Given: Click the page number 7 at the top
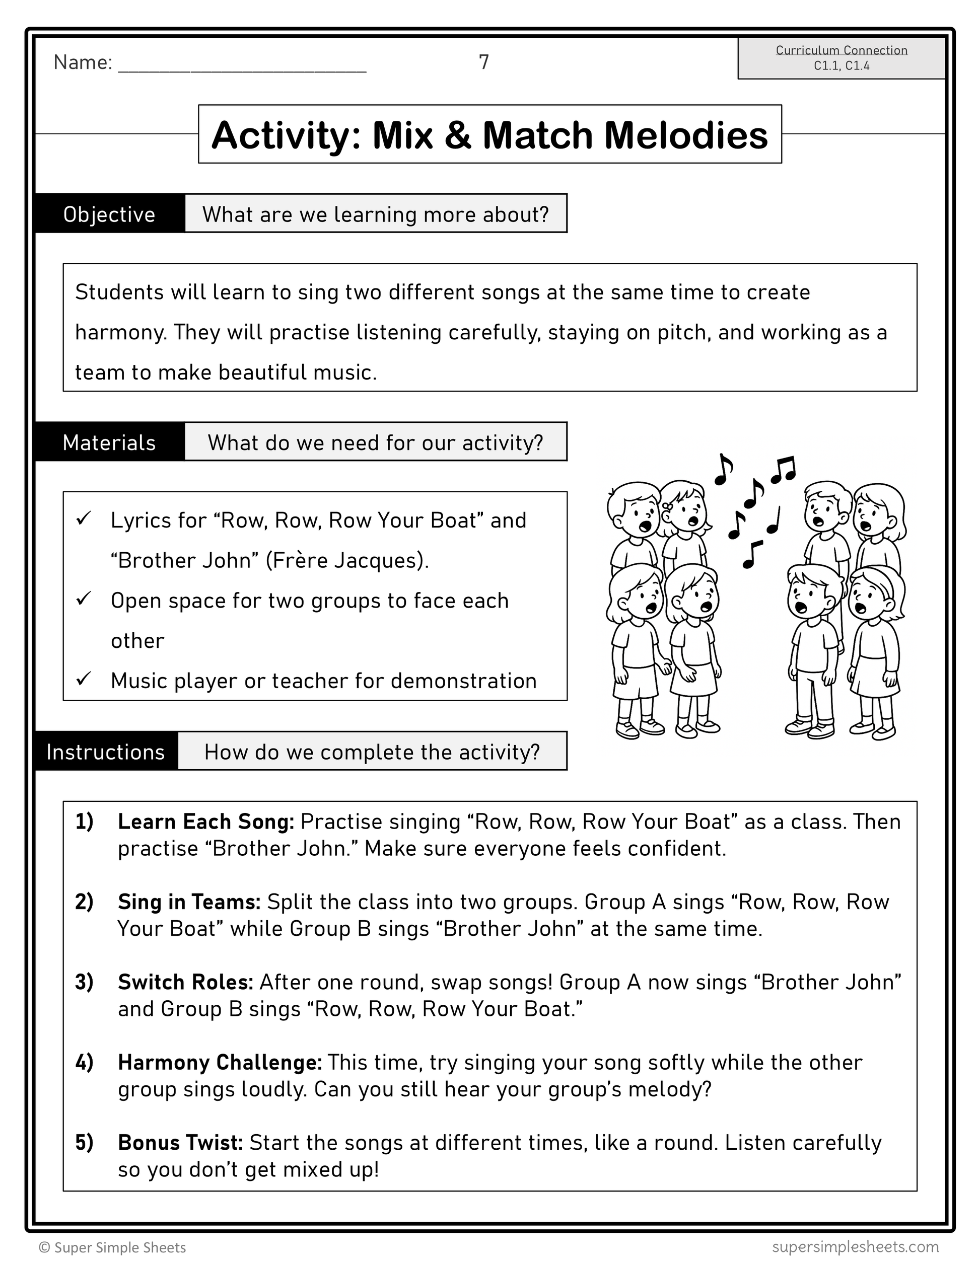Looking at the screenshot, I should [x=484, y=62].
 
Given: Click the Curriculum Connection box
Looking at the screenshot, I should [x=841, y=58].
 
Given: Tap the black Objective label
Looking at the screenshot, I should [x=109, y=214].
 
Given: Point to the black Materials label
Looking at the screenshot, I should [x=109, y=443].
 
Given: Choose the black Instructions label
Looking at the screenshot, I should [x=106, y=752].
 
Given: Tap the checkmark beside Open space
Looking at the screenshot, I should [x=84, y=598].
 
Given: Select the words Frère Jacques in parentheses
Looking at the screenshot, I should [x=346, y=560].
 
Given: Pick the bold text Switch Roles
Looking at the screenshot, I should [x=185, y=982].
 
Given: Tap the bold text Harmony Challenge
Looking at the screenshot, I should [x=220, y=1063].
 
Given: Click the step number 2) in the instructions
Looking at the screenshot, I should [x=85, y=902].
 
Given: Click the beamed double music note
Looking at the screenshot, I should [x=784, y=469].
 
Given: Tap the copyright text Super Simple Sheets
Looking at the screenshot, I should [x=113, y=1247].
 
